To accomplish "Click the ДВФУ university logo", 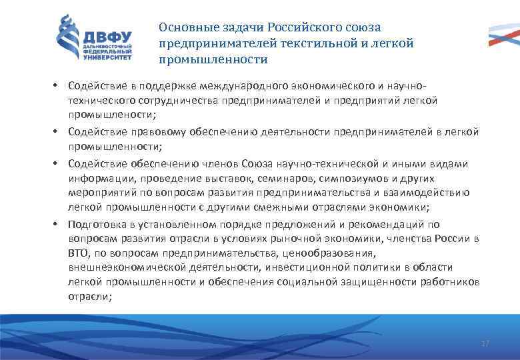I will pyautogui.click(x=93, y=39).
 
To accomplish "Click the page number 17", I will pyautogui.click(x=485, y=343).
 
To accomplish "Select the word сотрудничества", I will pyautogui.click(x=165, y=101).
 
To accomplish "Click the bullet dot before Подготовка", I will pyautogui.click(x=58, y=225).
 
